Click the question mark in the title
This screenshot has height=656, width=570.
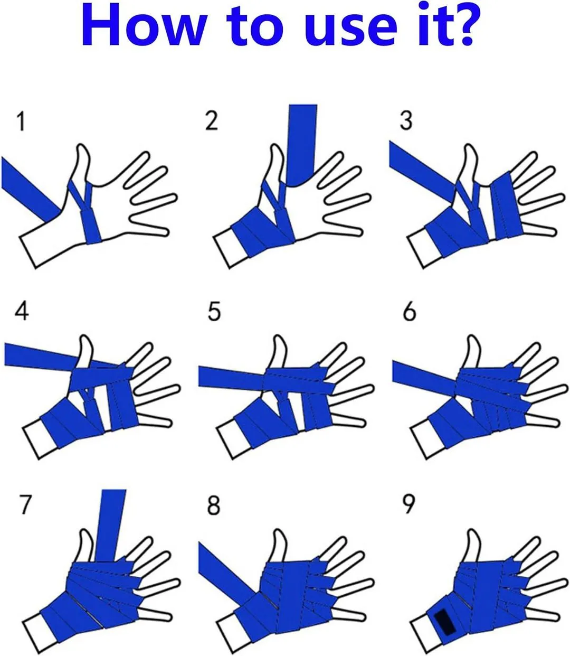tap(460, 25)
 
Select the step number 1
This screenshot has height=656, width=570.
tap(22, 121)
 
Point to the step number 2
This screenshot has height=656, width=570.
tap(212, 120)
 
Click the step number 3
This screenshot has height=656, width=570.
tap(406, 120)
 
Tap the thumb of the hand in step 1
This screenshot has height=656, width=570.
tap(82, 165)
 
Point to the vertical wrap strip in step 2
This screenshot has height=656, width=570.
tap(301, 144)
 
